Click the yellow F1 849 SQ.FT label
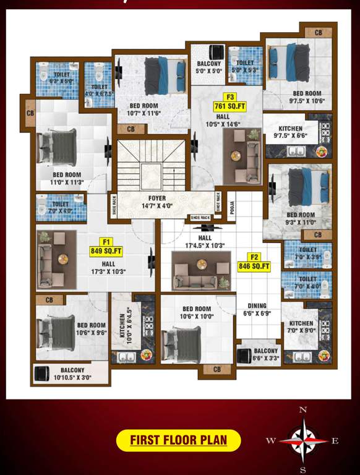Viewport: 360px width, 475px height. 106,246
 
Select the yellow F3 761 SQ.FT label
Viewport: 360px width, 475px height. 230,101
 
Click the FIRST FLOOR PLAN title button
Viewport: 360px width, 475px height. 178,440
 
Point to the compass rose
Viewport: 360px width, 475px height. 303,440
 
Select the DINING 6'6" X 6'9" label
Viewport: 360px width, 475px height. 257,309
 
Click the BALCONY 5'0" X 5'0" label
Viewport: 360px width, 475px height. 209,67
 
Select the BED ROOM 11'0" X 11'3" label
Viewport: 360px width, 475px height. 67,179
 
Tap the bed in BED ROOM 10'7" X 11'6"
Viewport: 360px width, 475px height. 164,74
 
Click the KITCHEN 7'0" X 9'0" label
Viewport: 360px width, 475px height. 301,327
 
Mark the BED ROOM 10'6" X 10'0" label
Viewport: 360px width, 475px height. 197,312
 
